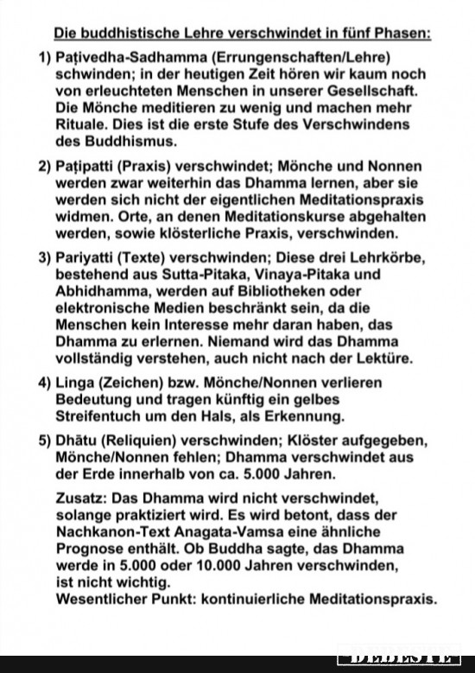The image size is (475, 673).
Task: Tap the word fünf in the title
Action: point(339,34)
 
